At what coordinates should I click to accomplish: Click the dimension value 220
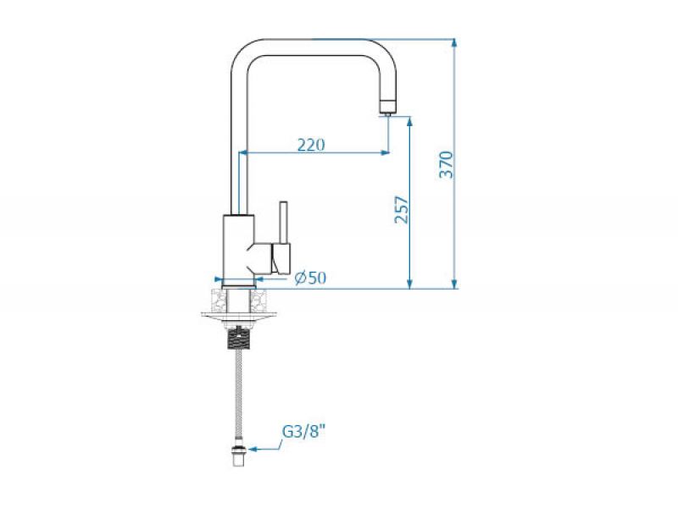pyautogui.click(x=311, y=145)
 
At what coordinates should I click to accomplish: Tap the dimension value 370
pyautogui.click(x=447, y=164)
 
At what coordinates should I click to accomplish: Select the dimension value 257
pyautogui.click(x=402, y=209)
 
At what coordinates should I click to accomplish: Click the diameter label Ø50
pyautogui.click(x=310, y=278)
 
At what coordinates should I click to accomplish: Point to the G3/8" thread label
pyautogui.click(x=303, y=432)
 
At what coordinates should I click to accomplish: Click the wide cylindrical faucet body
pyautogui.click(x=237, y=246)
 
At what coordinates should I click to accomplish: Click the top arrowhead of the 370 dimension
pyautogui.click(x=455, y=41)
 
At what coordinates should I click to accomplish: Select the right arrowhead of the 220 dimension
pyautogui.click(x=385, y=153)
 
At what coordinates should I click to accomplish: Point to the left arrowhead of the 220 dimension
pyautogui.click(x=245, y=153)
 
